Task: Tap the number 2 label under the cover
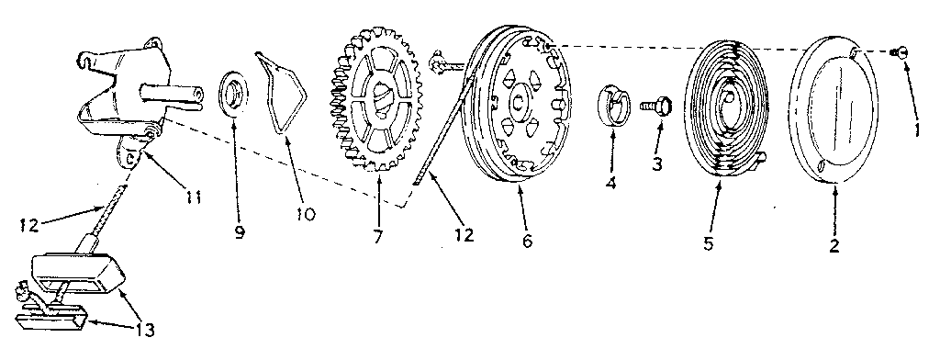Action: tap(834, 247)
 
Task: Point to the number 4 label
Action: tap(610, 182)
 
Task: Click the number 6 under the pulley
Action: tap(526, 242)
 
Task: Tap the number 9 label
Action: tap(240, 232)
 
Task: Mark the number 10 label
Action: tap(305, 214)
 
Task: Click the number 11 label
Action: tap(193, 196)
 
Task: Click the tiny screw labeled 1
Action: tap(901, 54)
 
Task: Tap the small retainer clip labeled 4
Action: tap(612, 105)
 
